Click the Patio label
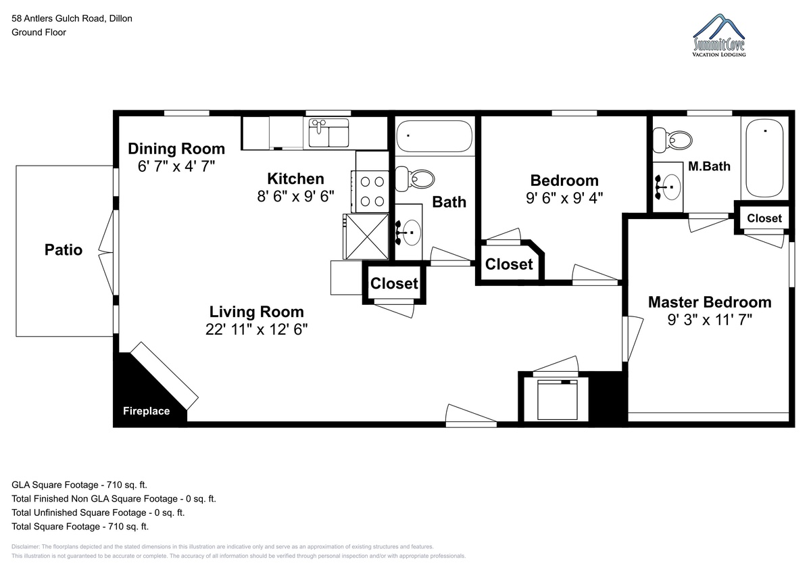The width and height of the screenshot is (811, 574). (x=64, y=250)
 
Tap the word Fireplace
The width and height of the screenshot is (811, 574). (x=146, y=411)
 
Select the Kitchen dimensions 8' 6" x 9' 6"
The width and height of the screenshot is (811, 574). (x=295, y=196)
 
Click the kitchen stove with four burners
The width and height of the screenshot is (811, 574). (x=370, y=191)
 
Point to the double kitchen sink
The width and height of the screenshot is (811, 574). (x=328, y=133)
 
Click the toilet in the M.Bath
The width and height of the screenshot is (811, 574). (x=672, y=140)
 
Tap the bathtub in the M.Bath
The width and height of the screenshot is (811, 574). (x=764, y=159)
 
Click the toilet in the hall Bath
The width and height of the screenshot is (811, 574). (x=414, y=179)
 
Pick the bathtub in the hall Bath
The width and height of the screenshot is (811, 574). (x=434, y=136)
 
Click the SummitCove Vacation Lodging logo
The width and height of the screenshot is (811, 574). (x=719, y=35)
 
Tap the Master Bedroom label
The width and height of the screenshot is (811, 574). (x=710, y=302)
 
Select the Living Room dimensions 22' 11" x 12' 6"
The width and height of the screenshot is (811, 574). (x=256, y=329)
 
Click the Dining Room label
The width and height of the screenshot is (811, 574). (x=176, y=149)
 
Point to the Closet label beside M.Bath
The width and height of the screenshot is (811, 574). (x=764, y=218)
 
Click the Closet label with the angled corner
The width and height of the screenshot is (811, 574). (x=509, y=264)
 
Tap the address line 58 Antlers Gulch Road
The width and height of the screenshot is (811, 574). (x=72, y=18)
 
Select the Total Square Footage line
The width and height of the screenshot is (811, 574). (x=80, y=527)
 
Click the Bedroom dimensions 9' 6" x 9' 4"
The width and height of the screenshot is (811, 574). (x=564, y=198)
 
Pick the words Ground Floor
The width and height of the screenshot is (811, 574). (x=39, y=32)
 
